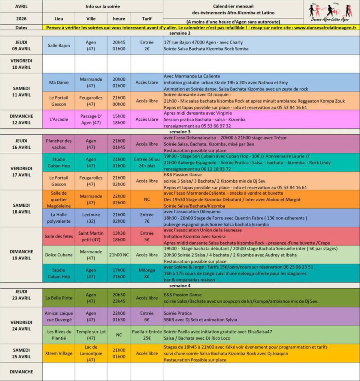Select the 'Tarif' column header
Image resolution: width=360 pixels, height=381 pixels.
tap(147, 18)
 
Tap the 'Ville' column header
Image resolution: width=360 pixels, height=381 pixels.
tap(91, 18)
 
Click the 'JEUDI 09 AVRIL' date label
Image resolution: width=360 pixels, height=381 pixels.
tap(21, 46)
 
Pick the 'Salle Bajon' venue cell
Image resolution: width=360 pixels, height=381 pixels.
tap(59, 46)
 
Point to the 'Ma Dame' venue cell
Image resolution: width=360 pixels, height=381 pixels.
tap(59, 82)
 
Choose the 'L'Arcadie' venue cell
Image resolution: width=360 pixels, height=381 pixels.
tap(59, 119)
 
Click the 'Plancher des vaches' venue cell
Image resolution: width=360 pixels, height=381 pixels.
tap(59, 144)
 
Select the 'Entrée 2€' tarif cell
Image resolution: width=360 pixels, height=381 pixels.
tap(147, 46)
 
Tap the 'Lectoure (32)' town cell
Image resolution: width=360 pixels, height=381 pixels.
tap(91, 218)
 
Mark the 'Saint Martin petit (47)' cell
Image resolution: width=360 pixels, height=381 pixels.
tap(91, 236)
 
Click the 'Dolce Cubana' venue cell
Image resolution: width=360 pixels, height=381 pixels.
tap(59, 255)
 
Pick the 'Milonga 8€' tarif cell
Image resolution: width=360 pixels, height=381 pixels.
tap(147, 273)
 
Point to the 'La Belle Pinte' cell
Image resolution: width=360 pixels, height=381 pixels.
tap(59, 298)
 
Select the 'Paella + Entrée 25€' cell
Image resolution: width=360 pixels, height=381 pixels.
tap(147, 335)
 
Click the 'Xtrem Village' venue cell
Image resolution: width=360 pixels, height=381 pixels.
tap(59, 353)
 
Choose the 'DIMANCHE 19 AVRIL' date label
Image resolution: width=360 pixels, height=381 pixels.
tap(21, 255)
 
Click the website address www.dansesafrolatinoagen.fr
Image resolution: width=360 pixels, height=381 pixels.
tap(325, 28)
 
